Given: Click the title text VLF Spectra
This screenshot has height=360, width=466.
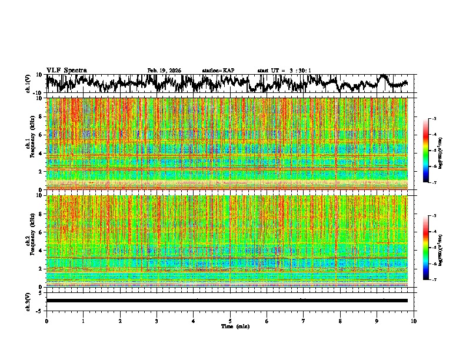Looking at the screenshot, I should (x=66, y=71).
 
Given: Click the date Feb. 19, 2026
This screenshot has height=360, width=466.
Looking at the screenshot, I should (x=164, y=71).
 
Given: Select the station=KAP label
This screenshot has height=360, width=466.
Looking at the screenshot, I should (x=218, y=71).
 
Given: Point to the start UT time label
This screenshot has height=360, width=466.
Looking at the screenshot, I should (x=284, y=71).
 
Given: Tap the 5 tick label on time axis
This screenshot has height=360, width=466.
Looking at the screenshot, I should (x=230, y=321).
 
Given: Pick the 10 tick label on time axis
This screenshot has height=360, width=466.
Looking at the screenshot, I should (x=414, y=321).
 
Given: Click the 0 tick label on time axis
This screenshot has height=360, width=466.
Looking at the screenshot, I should (x=46, y=321).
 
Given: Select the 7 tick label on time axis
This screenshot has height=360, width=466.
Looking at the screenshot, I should (x=304, y=321).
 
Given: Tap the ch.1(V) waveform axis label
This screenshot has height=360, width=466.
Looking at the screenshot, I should (x=29, y=84).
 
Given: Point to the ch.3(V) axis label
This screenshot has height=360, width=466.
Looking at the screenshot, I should (x=29, y=301).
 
